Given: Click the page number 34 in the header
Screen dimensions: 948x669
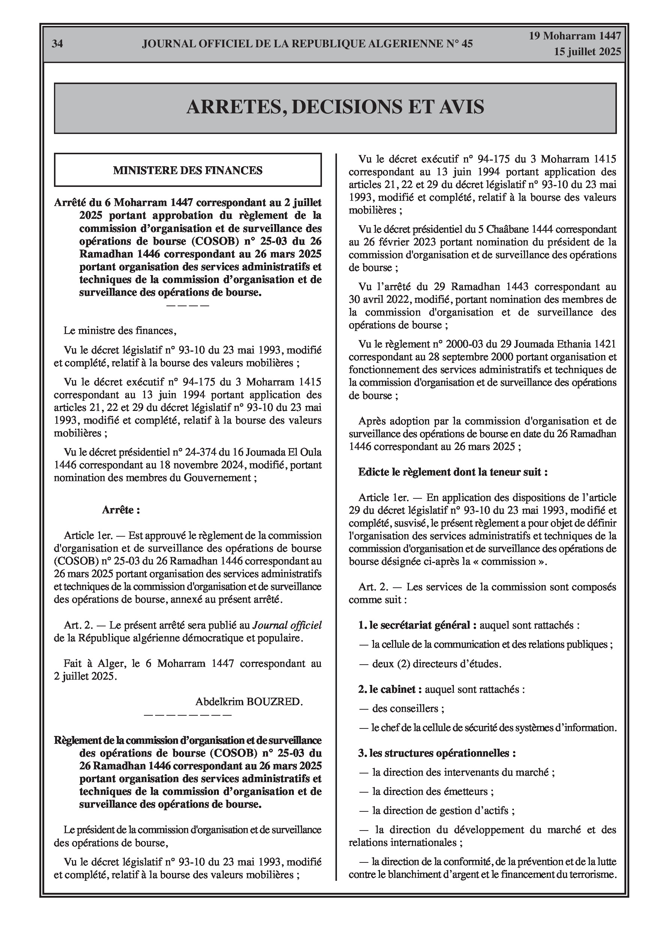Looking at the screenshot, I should pyautogui.click(x=57, y=44).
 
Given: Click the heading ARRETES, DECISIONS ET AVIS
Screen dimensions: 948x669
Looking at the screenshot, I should pyautogui.click(x=335, y=107).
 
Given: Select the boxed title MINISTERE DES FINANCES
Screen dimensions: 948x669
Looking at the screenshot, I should pyautogui.click(x=188, y=170).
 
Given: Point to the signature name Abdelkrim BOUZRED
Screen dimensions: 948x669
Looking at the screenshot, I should pyautogui.click(x=249, y=701).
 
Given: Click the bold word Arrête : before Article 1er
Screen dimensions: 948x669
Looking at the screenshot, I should pyautogui.click(x=121, y=510).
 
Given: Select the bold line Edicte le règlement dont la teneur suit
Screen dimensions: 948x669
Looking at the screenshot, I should pyautogui.click(x=452, y=472).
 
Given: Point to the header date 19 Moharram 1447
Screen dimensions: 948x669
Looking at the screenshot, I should pyautogui.click(x=575, y=36).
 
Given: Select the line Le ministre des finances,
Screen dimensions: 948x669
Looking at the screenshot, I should pyautogui.click(x=120, y=331).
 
